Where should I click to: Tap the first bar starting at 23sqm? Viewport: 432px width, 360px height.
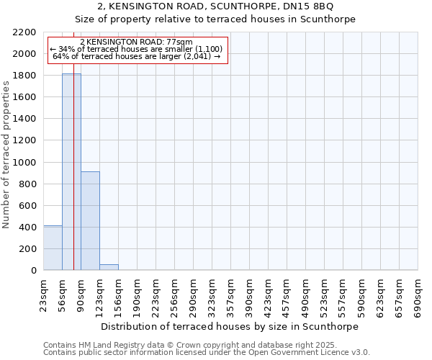[53, 248]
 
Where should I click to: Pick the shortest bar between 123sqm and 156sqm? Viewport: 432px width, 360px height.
[109, 267]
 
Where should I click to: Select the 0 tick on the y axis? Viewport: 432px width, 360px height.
[33, 271]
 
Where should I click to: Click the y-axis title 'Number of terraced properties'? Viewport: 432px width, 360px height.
[6, 154]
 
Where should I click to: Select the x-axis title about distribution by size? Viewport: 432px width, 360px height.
[229, 326]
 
